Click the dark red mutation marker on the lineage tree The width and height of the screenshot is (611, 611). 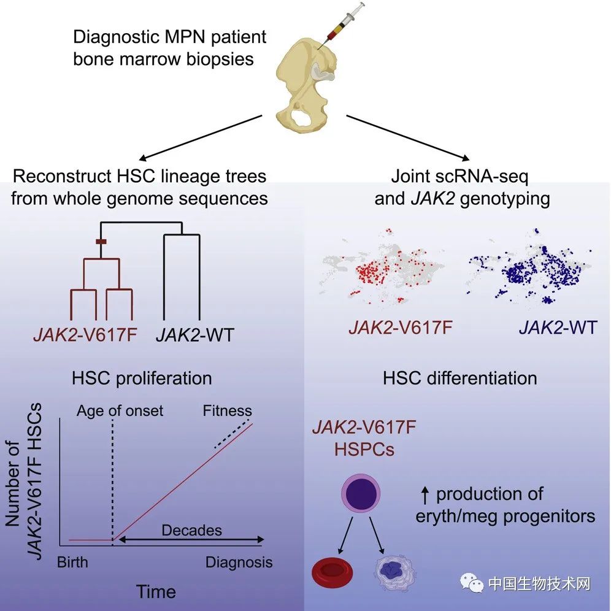(102, 242)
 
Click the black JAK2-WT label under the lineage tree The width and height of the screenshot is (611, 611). (194, 336)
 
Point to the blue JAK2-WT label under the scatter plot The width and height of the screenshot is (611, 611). (557, 328)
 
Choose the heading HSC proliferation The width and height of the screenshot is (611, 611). (142, 377)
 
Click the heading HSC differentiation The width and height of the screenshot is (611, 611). (459, 377)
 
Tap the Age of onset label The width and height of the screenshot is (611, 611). (120, 410)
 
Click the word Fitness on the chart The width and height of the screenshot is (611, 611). (228, 410)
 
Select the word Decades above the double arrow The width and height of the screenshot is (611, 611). (191, 529)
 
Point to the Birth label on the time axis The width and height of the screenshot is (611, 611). (72, 562)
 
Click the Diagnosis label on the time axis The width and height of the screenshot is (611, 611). (239, 562)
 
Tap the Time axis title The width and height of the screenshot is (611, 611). (156, 591)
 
